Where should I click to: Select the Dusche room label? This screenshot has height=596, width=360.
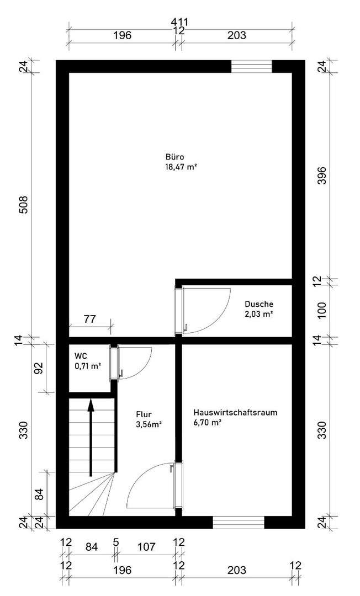point(259,304)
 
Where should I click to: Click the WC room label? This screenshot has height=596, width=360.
point(81,356)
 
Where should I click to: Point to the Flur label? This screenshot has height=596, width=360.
point(144,414)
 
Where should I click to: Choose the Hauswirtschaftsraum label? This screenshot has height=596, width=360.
point(235,413)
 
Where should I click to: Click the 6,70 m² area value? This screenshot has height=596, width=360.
point(208,423)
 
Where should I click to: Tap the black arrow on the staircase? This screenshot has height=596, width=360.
point(91,436)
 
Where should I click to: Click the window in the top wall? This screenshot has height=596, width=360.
point(252,66)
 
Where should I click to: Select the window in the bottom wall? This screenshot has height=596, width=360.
point(239,522)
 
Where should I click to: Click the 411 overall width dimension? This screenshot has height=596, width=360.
point(179,22)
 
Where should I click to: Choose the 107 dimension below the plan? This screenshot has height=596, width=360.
point(146,547)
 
